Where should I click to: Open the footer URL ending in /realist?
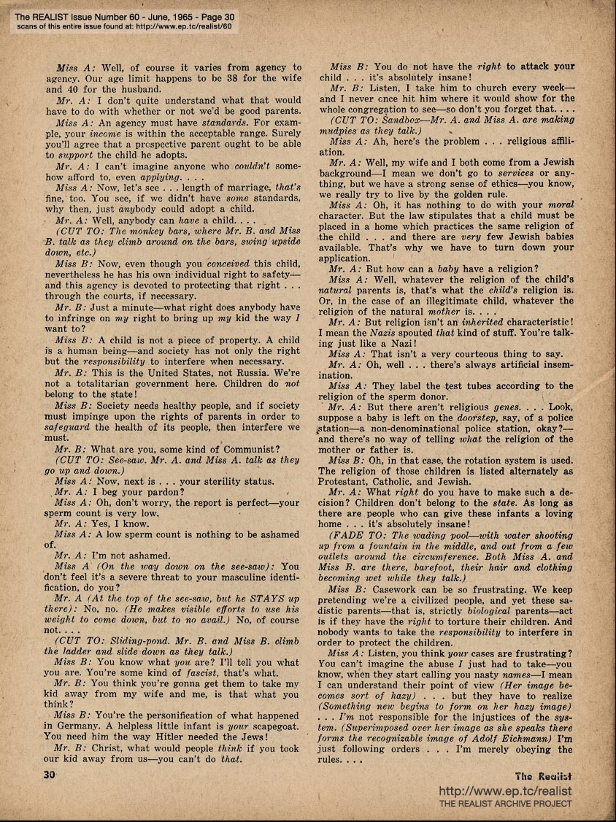(x=505, y=791)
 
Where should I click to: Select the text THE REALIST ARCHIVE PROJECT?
(x=505, y=804)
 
